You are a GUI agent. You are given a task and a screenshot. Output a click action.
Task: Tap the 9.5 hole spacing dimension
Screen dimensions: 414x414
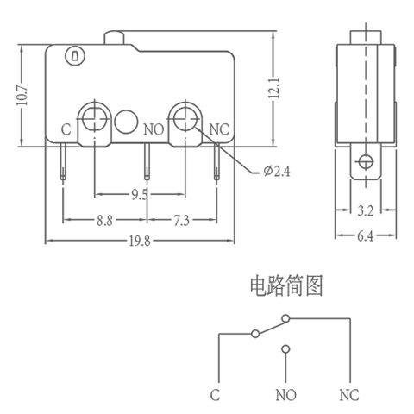pos(138,194)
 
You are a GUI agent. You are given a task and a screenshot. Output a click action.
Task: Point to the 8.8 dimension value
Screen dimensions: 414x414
pos(104,221)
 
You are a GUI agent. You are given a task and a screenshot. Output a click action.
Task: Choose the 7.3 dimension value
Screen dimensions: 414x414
pos(182,221)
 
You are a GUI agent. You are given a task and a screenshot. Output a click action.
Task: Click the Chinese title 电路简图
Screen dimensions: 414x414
pos(285,285)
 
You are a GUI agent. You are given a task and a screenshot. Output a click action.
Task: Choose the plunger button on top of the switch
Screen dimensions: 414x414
pos(117,37)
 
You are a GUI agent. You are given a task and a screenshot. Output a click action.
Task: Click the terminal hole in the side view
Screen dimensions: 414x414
pos(367,160)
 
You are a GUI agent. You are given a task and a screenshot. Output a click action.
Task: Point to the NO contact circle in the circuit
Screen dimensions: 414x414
pos(285,349)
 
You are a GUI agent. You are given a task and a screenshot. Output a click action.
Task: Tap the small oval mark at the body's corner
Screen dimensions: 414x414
pos(73,57)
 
